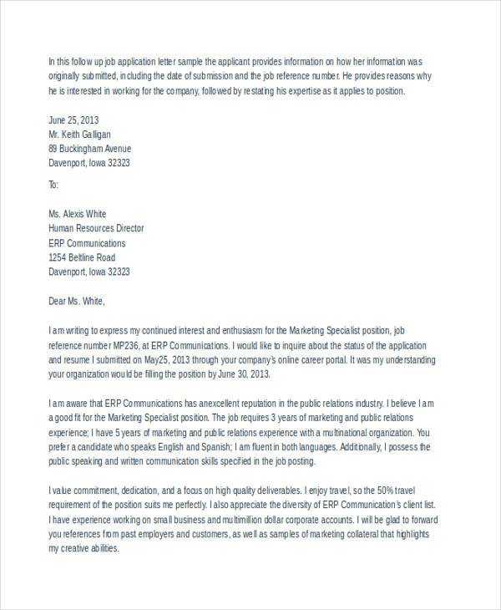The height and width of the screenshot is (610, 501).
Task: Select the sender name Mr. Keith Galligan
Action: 79,134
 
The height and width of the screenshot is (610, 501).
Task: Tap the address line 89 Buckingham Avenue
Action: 89,148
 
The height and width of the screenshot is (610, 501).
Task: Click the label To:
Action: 53,184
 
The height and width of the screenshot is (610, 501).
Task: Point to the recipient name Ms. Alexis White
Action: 78,213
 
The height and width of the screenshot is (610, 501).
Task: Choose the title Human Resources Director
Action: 96,228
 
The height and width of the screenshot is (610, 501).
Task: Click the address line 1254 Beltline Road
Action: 82,257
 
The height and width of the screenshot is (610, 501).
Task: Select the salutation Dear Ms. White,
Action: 78,301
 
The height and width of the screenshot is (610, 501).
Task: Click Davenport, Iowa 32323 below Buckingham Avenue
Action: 89,163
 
